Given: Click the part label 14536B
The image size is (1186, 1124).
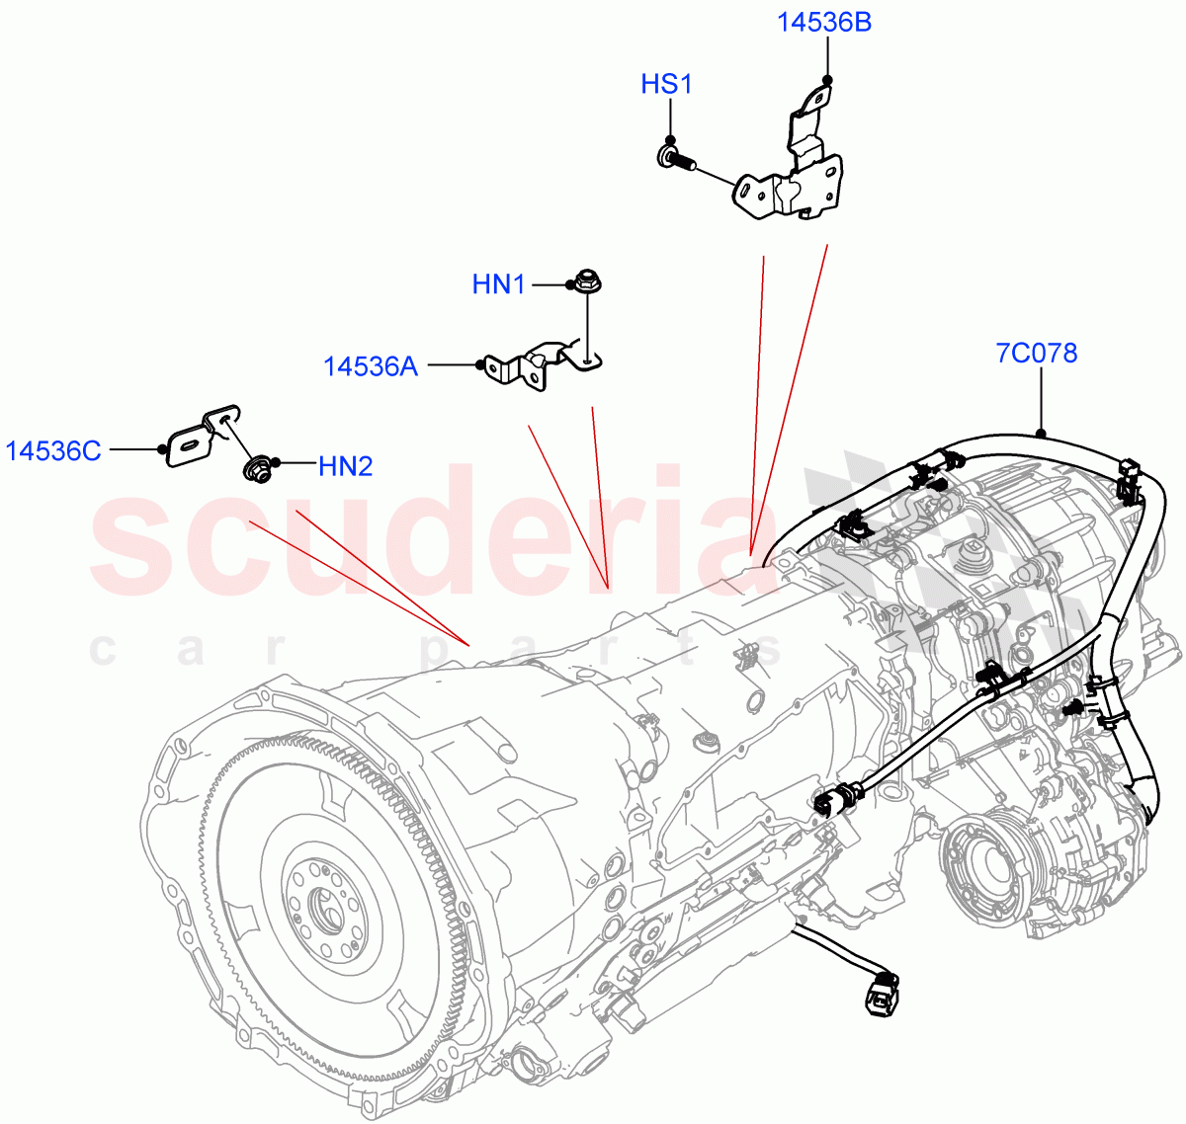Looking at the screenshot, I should pos(823,22).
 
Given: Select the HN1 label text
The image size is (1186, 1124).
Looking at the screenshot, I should pos(498,285).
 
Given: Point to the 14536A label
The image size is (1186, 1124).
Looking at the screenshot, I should pos(371,366).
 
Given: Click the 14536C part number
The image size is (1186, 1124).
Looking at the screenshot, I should pos(53,451).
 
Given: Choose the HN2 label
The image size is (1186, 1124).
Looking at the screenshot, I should pos(345,466).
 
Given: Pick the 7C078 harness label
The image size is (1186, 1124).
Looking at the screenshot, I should pos(1036,353).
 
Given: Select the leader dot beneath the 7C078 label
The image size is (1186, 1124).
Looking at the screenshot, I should pos(1041,433).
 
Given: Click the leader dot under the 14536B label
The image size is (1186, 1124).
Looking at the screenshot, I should pos(827,79).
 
